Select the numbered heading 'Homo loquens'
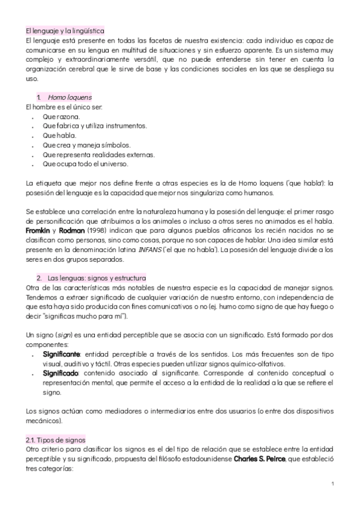[x=70, y=97]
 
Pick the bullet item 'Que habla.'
[x=59, y=135]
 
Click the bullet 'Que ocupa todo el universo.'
[x=85, y=164]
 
